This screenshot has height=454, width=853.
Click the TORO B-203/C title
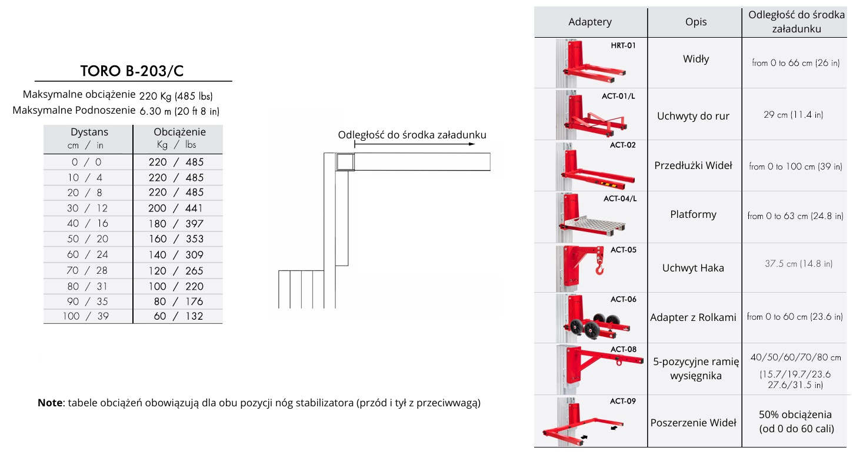(132, 71)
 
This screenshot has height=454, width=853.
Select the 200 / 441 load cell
(175, 208)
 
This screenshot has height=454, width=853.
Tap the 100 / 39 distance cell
(86, 316)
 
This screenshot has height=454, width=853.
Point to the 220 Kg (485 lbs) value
(176, 96)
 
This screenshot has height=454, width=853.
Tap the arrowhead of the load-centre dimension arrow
(472, 144)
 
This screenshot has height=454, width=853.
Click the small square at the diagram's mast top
(345, 162)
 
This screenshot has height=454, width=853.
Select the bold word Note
(50, 403)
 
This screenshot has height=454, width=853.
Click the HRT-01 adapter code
(623, 45)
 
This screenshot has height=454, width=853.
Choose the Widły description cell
(696, 59)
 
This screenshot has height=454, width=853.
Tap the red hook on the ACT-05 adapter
(599, 269)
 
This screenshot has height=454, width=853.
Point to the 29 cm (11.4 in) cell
(793, 115)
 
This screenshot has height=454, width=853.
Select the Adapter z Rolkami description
(693, 317)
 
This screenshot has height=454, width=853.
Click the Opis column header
(696, 22)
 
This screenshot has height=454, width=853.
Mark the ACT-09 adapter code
(622, 401)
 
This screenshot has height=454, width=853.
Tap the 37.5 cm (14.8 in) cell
(798, 264)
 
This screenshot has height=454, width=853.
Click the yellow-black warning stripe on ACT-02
(609, 185)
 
